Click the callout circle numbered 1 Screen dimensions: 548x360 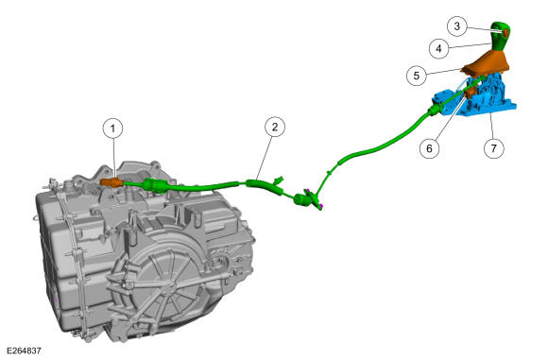click(112, 129)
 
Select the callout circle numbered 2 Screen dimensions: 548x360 click(275, 127)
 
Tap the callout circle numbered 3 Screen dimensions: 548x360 click(457, 26)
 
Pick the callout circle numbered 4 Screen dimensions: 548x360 click(439, 48)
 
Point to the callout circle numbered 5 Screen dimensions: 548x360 click(417, 76)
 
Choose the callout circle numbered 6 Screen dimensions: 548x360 click(430, 148)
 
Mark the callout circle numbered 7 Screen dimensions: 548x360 click(494, 148)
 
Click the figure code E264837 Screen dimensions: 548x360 click(25, 351)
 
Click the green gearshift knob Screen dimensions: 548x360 click(499, 38)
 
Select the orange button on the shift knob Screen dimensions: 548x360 click(506, 33)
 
